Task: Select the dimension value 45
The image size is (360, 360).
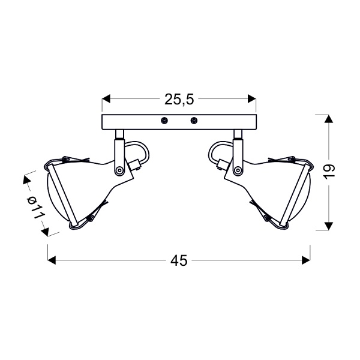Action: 179,260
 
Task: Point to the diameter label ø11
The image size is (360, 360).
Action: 36,207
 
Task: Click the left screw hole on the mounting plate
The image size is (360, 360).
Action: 164,121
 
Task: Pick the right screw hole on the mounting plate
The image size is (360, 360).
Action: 194,121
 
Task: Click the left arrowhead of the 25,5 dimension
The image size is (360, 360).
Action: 107,98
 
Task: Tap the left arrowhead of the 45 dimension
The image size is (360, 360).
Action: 52,260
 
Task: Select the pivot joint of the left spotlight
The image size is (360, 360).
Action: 120,170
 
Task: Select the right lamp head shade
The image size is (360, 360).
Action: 276,192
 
